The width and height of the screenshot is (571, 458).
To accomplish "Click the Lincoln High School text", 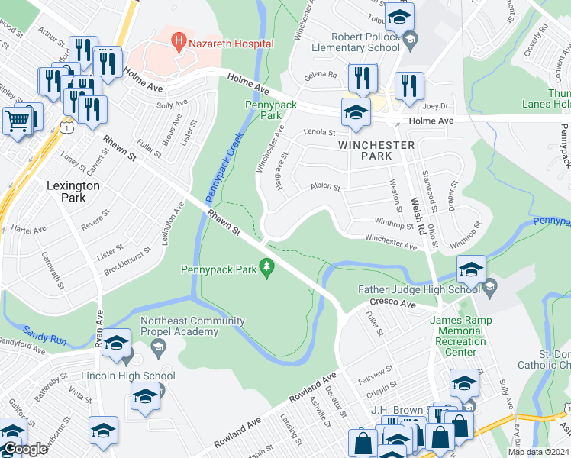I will click(128, 376).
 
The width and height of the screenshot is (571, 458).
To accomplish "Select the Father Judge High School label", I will click(419, 289).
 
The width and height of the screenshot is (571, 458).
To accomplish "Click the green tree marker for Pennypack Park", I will click(266, 266).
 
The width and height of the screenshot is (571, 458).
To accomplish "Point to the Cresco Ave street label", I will click(393, 303).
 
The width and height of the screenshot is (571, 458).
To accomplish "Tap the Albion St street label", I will click(324, 186).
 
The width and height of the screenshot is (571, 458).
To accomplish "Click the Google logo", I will click(24, 449).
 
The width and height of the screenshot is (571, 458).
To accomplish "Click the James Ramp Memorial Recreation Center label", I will click(457, 331).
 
